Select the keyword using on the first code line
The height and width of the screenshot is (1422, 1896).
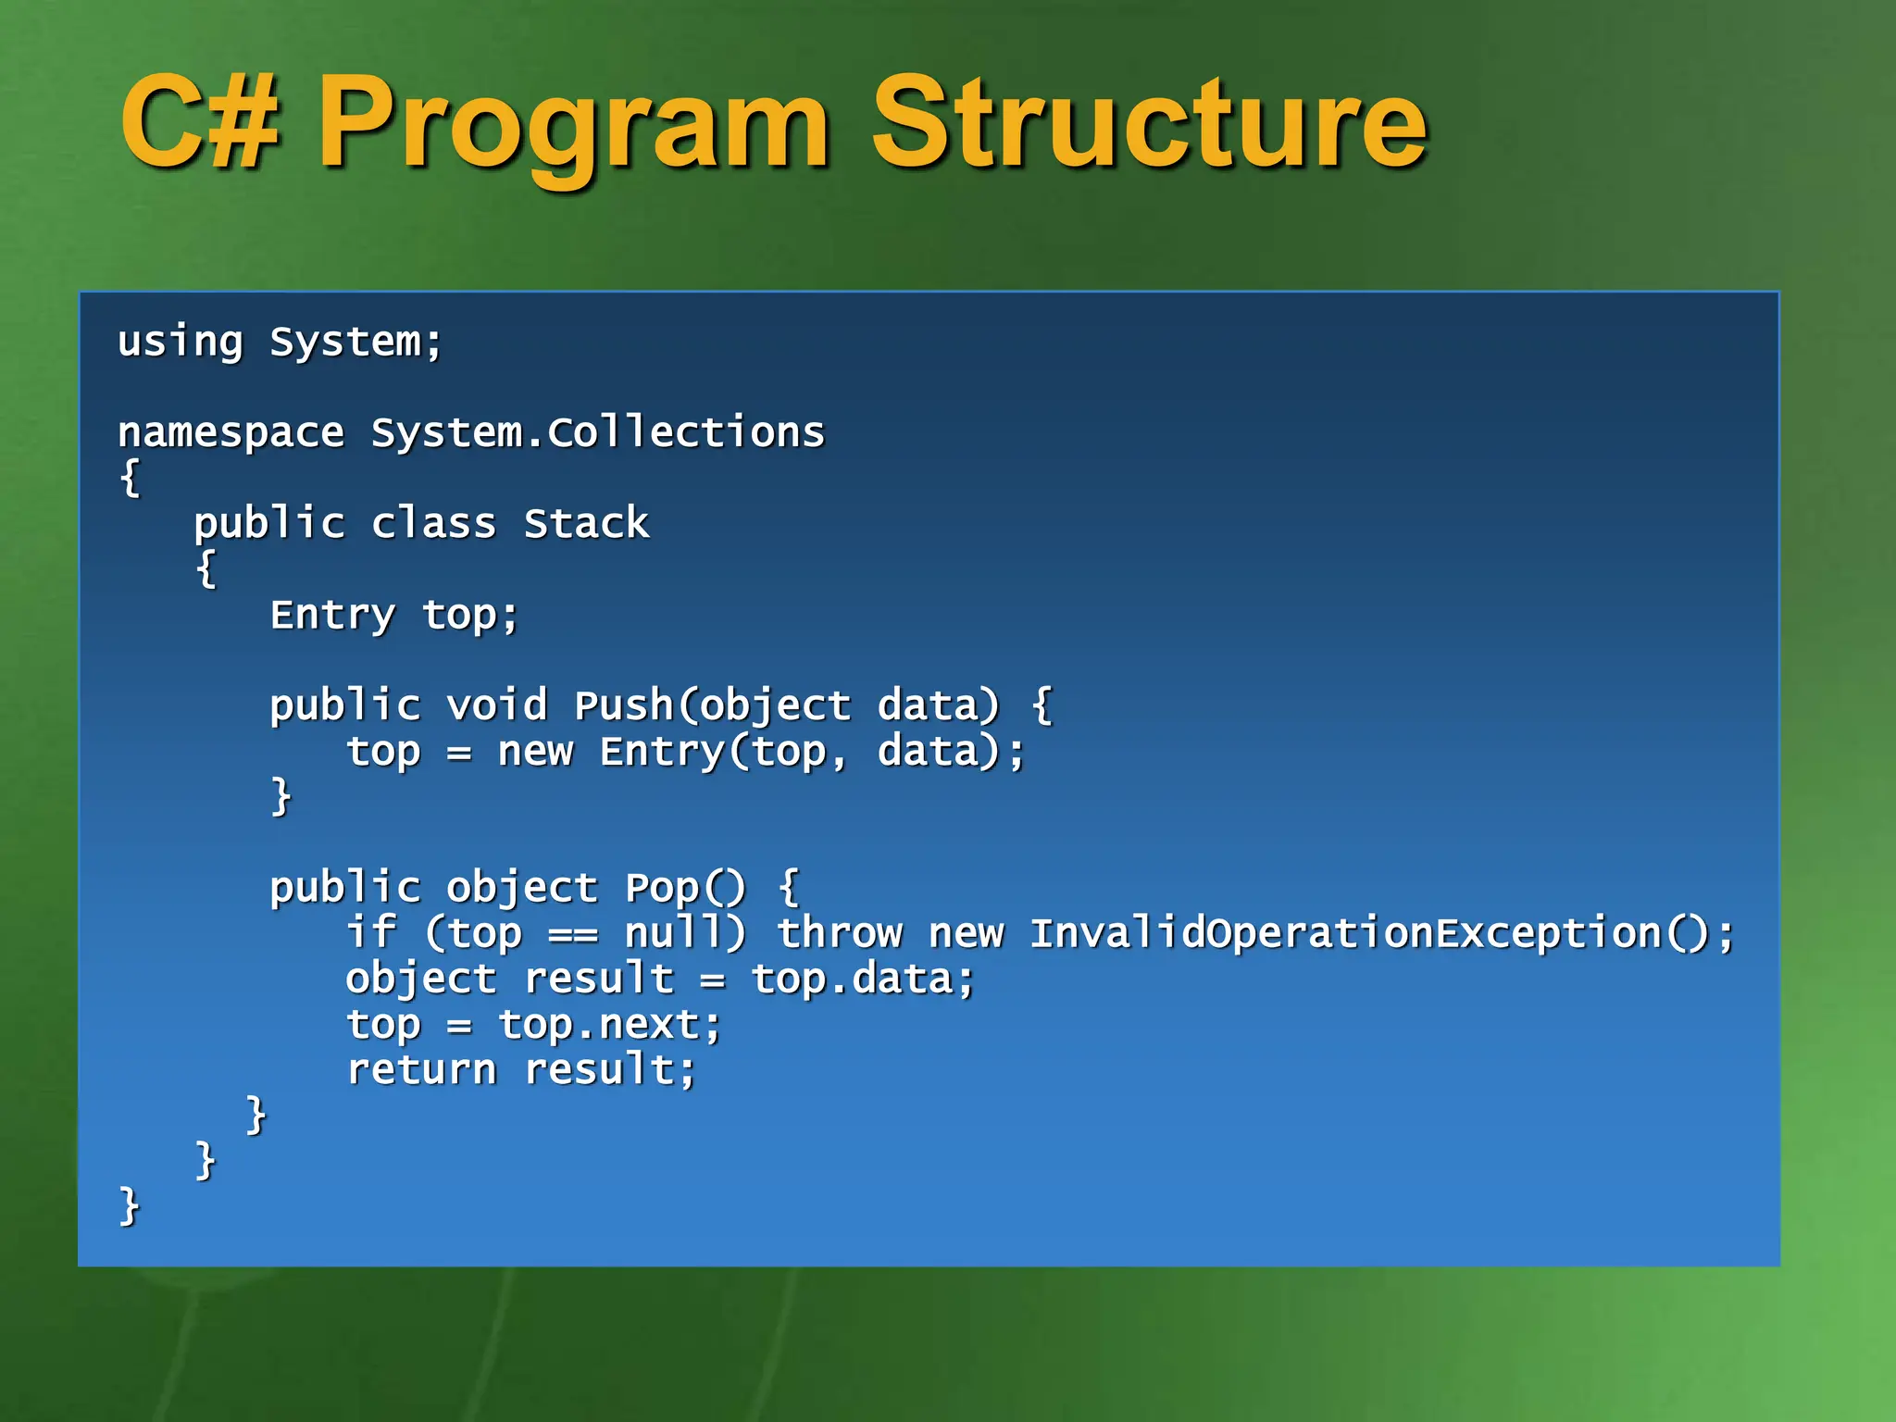[x=181, y=343]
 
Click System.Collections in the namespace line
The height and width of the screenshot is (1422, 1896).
[x=597, y=432]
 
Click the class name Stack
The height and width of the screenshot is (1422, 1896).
[x=586, y=523]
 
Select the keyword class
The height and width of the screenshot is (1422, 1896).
[x=433, y=523]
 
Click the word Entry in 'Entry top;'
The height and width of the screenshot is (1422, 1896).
[x=332, y=616]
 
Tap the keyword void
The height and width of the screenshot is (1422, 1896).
[x=497, y=705]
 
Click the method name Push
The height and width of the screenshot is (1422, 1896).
[x=624, y=705]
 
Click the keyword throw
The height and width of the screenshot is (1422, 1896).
[x=840, y=932]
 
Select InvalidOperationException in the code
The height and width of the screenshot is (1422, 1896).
[x=1345, y=932]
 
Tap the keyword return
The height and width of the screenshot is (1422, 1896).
[x=421, y=1070]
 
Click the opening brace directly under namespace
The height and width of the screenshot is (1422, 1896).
[x=131, y=479]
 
